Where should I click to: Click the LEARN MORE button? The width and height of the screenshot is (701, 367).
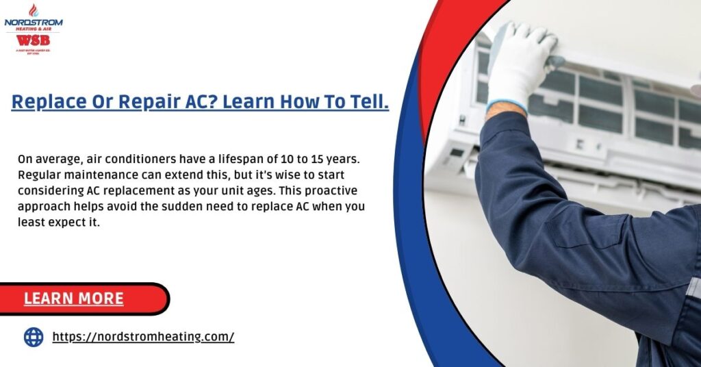(74, 299)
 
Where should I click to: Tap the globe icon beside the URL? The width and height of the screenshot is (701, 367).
(34, 337)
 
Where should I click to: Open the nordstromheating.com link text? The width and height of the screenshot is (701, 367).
(143, 337)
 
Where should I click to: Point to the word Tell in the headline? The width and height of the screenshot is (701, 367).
(366, 102)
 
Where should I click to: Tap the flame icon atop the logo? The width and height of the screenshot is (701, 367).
(34, 10)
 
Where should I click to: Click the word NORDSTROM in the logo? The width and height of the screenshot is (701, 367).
(34, 22)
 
